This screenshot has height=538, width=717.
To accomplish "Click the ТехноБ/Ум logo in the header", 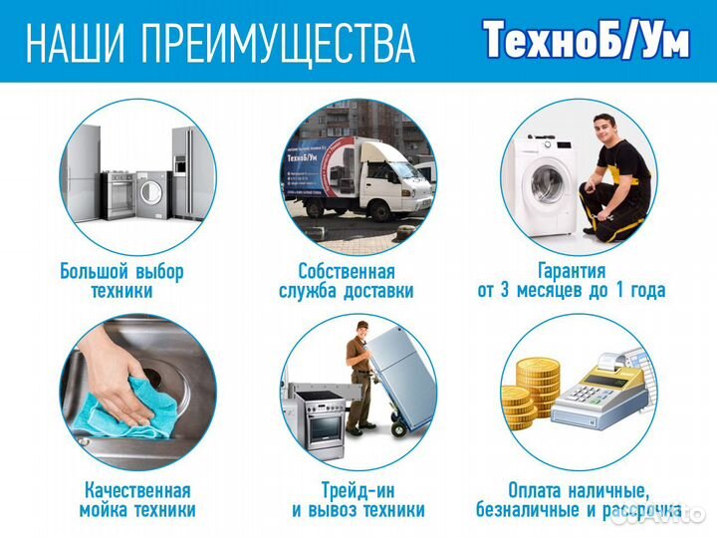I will pyautogui.click(x=586, y=40).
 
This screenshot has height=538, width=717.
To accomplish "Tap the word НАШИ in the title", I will pyautogui.click(x=75, y=42).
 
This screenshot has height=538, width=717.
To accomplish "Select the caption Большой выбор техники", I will pyautogui.click(x=122, y=281).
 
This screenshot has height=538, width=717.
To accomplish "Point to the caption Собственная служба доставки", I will pyautogui.click(x=347, y=281).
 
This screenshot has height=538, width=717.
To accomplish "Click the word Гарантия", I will pyautogui.click(x=572, y=271).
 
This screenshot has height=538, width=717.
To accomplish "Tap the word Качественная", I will pyautogui.click(x=136, y=490).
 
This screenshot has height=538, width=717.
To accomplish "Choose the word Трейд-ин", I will pyautogui.click(x=358, y=490).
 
